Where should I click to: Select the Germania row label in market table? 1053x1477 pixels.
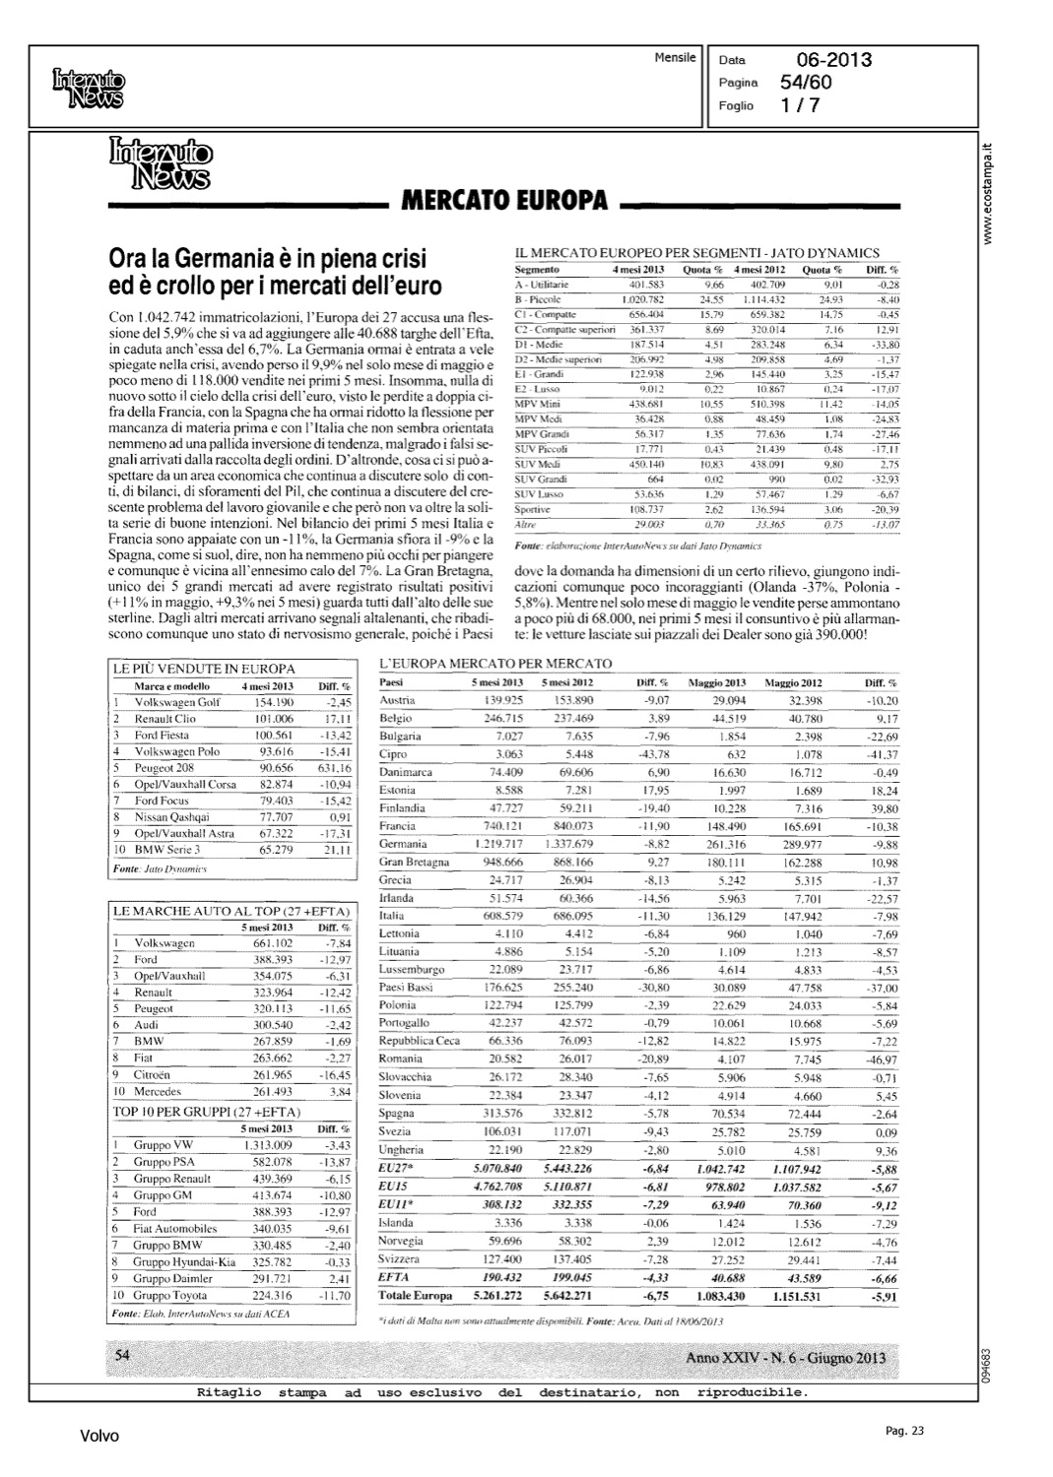tap(403, 844)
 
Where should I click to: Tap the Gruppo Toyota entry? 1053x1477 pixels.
tap(170, 1295)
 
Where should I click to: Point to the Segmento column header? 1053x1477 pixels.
tap(537, 269)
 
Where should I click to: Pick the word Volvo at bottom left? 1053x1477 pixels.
tap(99, 1437)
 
